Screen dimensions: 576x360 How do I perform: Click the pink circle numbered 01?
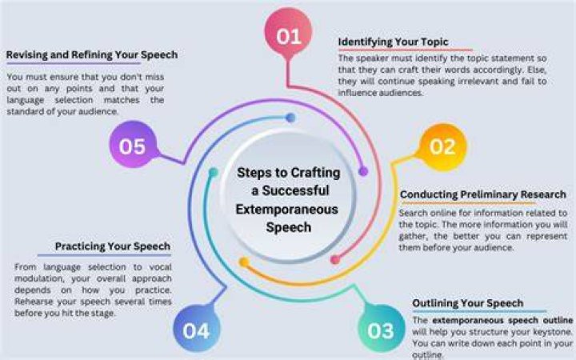[x=288, y=32]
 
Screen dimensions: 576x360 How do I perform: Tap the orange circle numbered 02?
[x=442, y=146]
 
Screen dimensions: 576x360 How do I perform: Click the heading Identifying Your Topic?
[x=393, y=42]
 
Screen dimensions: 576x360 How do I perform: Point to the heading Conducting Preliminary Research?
[x=483, y=194]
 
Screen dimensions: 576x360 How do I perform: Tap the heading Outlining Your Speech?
[x=468, y=303]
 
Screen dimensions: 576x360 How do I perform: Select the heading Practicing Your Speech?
[x=113, y=246]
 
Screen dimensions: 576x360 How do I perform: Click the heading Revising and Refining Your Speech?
[x=92, y=54]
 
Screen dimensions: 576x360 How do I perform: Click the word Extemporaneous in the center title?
[x=287, y=210]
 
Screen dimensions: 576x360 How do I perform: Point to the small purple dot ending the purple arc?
[x=363, y=171]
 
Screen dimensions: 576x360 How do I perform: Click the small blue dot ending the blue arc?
[x=290, y=118]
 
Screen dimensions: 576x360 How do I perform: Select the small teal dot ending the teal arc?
[x=213, y=172]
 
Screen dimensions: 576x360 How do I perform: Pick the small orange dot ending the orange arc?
[x=243, y=262]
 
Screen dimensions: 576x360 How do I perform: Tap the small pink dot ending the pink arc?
[x=335, y=260]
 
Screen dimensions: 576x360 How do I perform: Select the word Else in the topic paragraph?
[x=538, y=70]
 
